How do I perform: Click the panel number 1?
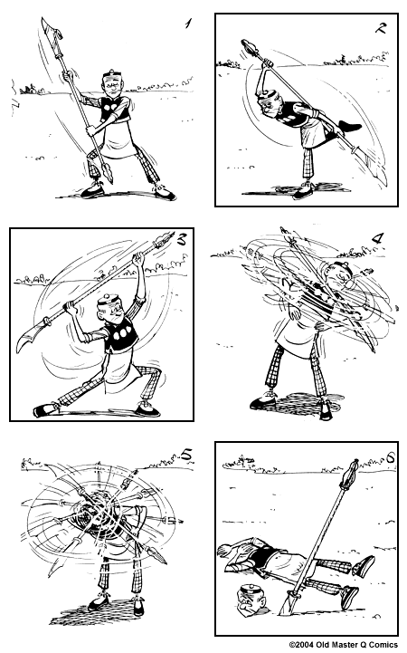[187, 24]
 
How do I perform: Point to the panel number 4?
[377, 239]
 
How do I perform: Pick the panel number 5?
[185, 455]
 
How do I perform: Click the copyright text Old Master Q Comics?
[343, 645]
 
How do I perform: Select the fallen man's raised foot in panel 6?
[363, 566]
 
